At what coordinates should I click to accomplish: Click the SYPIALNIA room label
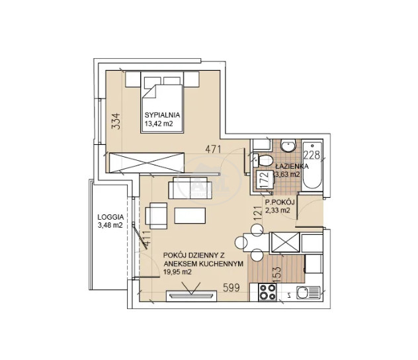[162, 115]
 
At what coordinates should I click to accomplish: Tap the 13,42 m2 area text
[159, 124]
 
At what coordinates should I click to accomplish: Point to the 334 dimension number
[116, 121]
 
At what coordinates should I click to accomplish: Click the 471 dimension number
[213, 150]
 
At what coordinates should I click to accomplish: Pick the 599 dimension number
[231, 288]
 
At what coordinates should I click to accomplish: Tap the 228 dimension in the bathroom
[312, 155]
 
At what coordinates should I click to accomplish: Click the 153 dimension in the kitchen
[277, 275]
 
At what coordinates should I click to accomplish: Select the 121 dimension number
[258, 213]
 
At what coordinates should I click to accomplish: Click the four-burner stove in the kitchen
[268, 292]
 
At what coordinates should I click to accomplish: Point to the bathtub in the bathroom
[312, 165]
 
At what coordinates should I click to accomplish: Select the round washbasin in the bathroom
[288, 146]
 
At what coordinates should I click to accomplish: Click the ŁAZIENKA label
[292, 166]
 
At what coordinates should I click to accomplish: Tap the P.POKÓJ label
[280, 202]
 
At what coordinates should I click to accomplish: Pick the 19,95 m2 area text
[177, 272]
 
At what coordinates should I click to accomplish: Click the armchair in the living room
[156, 216]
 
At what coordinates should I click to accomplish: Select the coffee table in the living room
[190, 216]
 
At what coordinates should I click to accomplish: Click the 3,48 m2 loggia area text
[110, 225]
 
